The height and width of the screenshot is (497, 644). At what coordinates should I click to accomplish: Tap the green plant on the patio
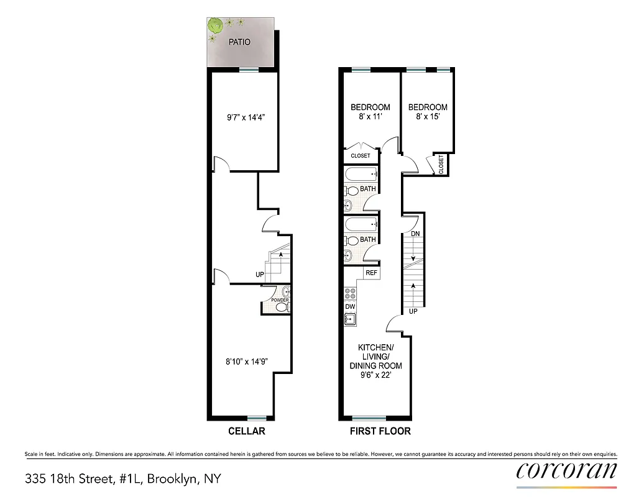click(x=216, y=26)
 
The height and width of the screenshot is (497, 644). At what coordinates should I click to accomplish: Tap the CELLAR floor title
click(x=246, y=431)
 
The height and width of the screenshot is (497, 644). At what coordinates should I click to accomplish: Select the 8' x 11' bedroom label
click(x=370, y=112)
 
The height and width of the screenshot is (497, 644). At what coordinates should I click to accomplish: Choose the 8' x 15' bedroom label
click(x=427, y=112)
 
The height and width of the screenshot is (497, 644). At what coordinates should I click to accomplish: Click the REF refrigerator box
click(x=371, y=273)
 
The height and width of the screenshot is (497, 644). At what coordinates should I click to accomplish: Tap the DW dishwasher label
click(x=349, y=307)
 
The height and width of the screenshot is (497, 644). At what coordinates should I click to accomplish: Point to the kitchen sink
click(x=350, y=320)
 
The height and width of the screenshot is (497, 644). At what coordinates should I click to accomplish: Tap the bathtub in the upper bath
click(x=361, y=175)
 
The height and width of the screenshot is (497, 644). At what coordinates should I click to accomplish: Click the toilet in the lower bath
click(x=352, y=240)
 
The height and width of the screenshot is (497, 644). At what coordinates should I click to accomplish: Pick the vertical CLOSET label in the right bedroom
click(x=441, y=165)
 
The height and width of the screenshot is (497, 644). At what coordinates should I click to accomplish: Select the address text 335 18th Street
click(x=122, y=479)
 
